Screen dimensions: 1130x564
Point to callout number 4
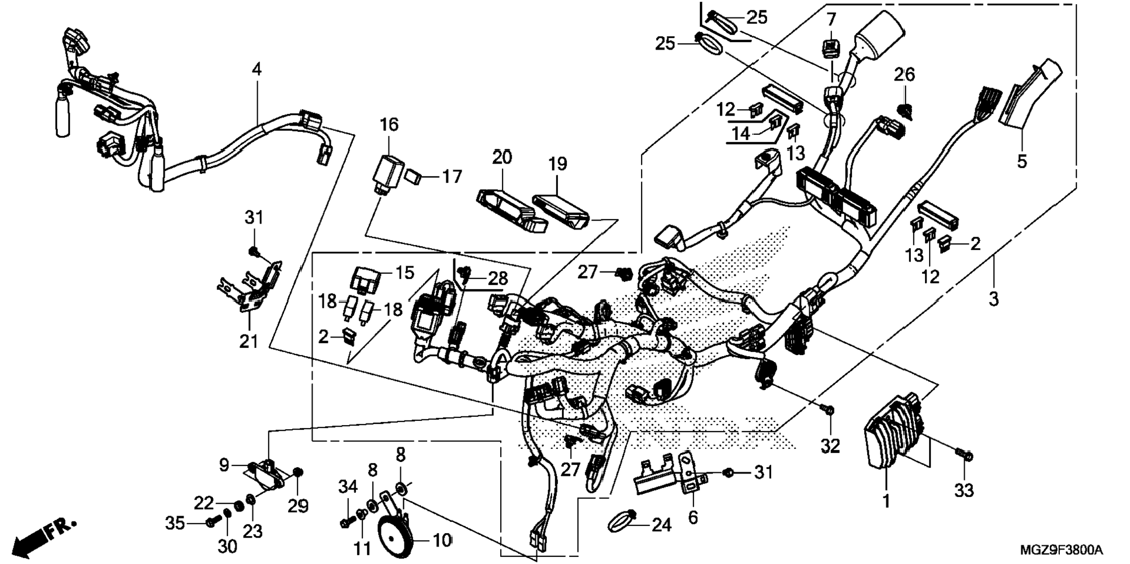point(256,69)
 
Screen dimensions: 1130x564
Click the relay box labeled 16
point(386,172)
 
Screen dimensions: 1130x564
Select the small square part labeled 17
point(414,176)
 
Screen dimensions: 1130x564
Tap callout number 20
point(502,157)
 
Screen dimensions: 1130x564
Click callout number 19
point(557,164)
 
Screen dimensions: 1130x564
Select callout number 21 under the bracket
point(248,341)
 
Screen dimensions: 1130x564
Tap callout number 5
point(1021,161)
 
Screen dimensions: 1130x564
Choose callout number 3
point(993,300)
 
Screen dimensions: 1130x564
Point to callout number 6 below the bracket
point(692,517)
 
